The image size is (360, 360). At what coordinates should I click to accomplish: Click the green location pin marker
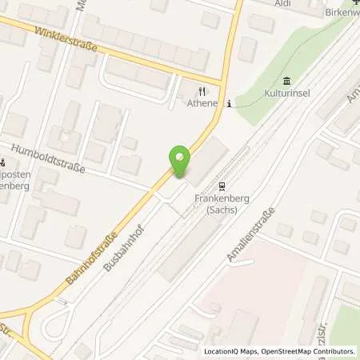click(x=180, y=162)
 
